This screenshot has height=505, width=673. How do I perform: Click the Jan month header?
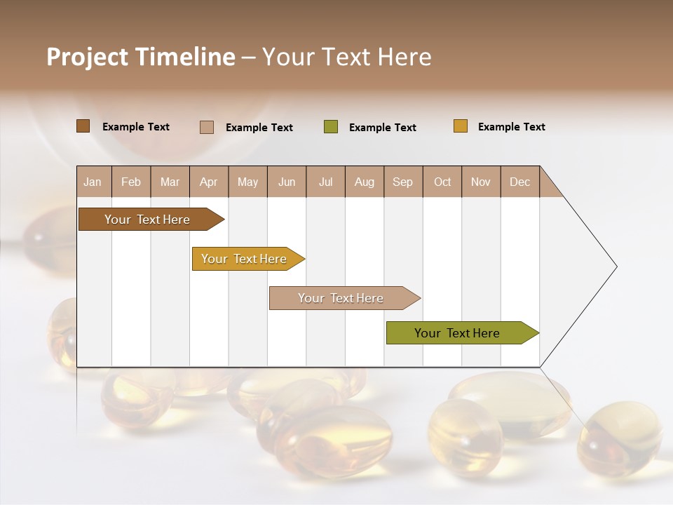point(93,182)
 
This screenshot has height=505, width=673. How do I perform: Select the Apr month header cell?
point(209,182)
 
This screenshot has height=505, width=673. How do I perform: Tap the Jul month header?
point(325,182)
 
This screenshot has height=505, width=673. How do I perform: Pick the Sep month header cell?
point(403,182)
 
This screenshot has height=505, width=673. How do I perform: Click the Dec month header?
point(519,182)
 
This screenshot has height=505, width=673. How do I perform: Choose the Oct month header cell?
point(442,182)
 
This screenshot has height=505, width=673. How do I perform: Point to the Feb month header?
point(131,182)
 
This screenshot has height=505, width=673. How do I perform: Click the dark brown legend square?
point(83,126)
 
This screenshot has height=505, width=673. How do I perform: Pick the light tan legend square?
point(207,127)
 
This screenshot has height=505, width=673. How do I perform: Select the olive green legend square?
point(331,127)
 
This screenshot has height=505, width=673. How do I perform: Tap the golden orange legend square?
point(461,126)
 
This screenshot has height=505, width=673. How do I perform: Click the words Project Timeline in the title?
point(140,57)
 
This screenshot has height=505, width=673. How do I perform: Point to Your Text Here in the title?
point(346,57)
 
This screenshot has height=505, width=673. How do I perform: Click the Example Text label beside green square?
point(382,128)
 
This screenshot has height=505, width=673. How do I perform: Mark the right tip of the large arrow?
point(616,267)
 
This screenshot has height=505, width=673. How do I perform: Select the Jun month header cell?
point(287,182)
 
